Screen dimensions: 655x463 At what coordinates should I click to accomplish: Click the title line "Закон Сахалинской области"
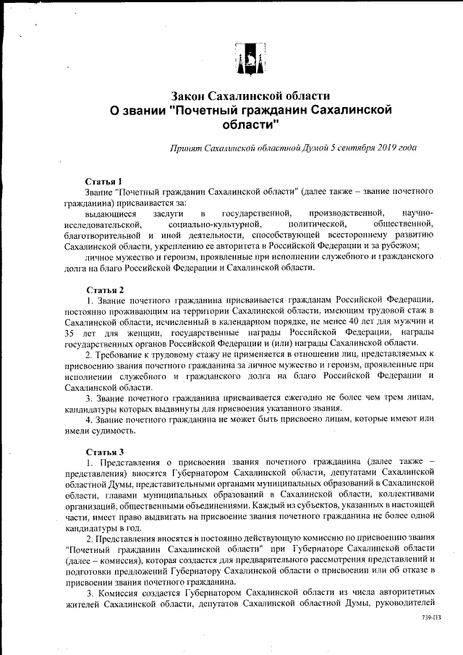click(250, 96)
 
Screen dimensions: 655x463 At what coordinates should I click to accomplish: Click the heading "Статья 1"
click(103, 180)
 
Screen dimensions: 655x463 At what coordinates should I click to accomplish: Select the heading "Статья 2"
click(103, 289)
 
